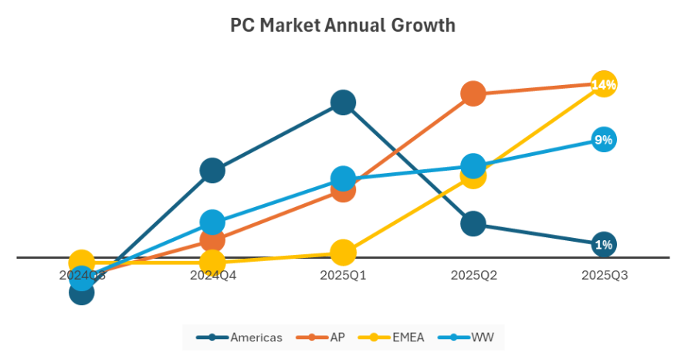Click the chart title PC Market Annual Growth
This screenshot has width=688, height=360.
[343, 25]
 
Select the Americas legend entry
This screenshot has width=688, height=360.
[240, 337]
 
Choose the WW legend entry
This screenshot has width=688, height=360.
[471, 337]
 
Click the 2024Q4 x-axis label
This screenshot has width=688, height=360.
[212, 275]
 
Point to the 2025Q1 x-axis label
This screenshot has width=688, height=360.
[343, 275]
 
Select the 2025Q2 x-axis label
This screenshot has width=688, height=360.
[473, 275]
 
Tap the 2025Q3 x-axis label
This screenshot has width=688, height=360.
[604, 275]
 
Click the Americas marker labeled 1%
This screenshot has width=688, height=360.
[604, 244]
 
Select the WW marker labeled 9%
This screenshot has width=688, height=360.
[604, 140]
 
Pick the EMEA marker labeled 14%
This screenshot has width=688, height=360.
[604, 84]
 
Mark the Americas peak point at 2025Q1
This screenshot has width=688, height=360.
[343, 102]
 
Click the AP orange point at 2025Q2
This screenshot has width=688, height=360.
[473, 93]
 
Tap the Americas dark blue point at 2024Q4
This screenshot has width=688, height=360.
[212, 170]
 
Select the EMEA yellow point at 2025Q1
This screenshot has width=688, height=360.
[343, 252]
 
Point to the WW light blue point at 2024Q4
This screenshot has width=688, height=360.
[212, 222]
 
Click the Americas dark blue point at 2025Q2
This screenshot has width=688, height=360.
[473, 224]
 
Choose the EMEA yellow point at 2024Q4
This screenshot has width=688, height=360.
[212, 263]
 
